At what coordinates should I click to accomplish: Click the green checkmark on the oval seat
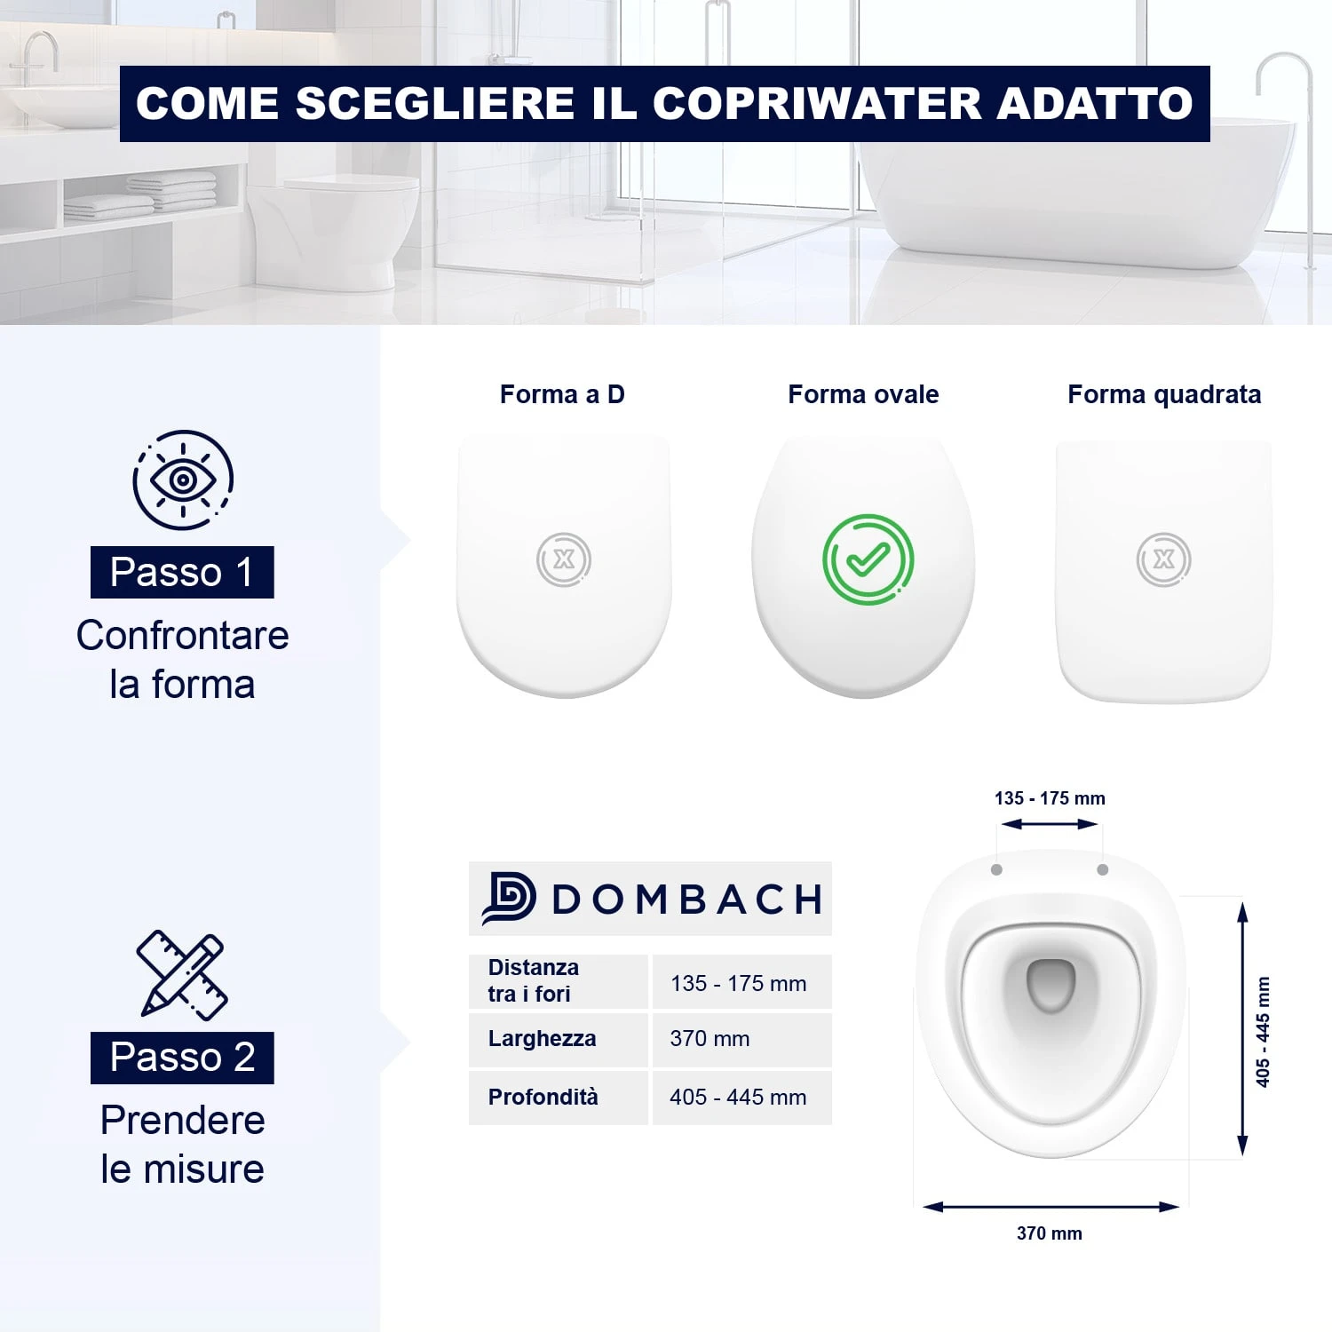[x=868, y=559]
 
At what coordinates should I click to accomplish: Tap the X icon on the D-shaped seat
[x=564, y=559]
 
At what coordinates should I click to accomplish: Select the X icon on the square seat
[x=1164, y=559]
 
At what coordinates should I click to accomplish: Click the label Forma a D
[x=562, y=394]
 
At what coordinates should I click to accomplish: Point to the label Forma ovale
[x=863, y=394]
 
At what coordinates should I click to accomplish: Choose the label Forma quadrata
[x=1164, y=394]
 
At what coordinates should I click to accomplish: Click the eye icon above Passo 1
[x=183, y=480]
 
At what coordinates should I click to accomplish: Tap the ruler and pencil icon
[x=182, y=975]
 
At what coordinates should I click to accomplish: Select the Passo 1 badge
[x=182, y=572]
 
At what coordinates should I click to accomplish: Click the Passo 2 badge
[x=182, y=1058]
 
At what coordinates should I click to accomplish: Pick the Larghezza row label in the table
[x=542, y=1039]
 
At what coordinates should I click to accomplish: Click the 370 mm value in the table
[x=710, y=1039]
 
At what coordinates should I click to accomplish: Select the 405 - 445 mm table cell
[x=741, y=1098]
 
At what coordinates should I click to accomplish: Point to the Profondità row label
[x=543, y=1097]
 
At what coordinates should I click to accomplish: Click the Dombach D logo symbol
[x=509, y=899]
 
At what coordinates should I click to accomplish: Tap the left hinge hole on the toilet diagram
[x=996, y=869]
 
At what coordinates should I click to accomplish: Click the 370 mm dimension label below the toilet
[x=1050, y=1233]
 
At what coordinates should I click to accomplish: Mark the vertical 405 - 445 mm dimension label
[x=1263, y=1031]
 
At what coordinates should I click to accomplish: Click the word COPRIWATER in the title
[x=817, y=103]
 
